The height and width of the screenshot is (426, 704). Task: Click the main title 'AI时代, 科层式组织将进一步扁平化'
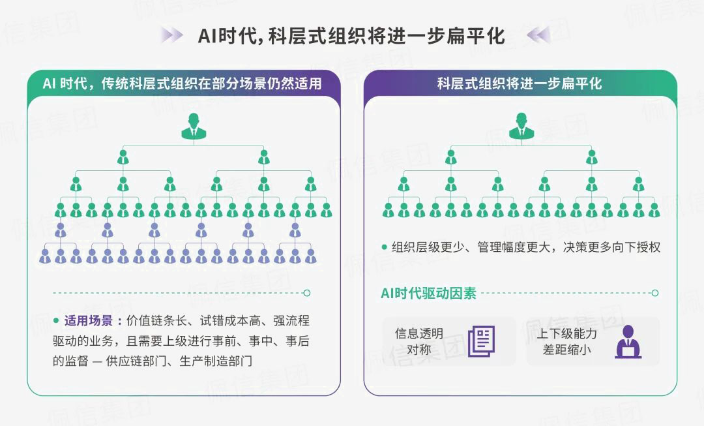[x=351, y=35]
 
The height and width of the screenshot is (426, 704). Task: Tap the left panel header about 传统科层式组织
[x=183, y=84]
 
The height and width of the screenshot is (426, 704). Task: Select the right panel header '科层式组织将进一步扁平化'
[x=520, y=84]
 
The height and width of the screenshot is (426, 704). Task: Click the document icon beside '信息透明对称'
[x=481, y=341]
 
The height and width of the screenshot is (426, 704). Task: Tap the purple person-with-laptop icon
[x=628, y=341]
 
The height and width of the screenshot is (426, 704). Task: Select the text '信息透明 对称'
[x=419, y=341]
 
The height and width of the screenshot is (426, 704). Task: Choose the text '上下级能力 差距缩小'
[x=566, y=341]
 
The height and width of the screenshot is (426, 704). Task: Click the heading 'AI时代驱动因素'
[x=428, y=294]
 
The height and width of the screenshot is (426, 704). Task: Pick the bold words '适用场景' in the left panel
[x=93, y=321]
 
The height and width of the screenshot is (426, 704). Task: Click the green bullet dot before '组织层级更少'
[x=385, y=248]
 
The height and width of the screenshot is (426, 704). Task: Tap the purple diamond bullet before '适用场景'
[x=56, y=321]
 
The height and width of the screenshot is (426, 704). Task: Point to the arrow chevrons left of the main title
[x=172, y=35]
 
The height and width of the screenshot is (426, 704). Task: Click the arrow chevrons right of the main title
[x=538, y=35]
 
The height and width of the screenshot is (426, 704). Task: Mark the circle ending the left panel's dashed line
[x=307, y=294]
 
